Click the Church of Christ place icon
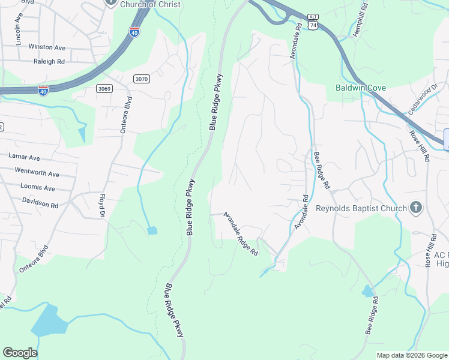tap(110, 2)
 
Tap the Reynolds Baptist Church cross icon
tap(415, 208)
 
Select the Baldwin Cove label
tap(360, 88)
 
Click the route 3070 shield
tap(142, 79)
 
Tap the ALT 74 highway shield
tap(312, 23)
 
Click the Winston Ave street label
tap(47, 47)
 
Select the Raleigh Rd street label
tap(49, 61)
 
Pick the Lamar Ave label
tap(24, 157)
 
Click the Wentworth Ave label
tap(37, 174)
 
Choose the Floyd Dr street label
tap(102, 205)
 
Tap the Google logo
tap(20, 353)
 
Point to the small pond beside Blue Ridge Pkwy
tap(152, 230)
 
